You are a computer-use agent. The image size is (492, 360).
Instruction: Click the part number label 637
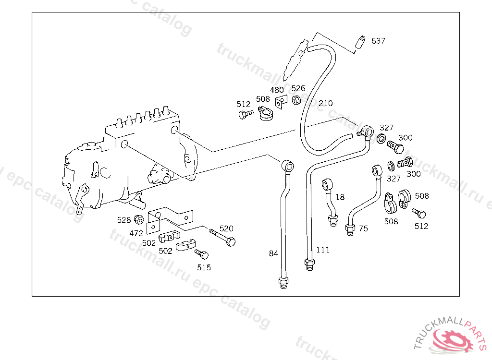coord(378,41)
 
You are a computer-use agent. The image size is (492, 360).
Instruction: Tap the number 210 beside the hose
coord(325,103)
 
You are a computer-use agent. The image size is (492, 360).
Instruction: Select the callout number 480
coord(277,90)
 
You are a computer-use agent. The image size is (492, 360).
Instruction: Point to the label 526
coord(298,88)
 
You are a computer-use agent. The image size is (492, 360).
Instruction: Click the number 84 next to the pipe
coord(273,253)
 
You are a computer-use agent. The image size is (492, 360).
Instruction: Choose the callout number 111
coord(323,250)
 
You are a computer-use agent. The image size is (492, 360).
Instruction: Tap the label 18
coord(340,197)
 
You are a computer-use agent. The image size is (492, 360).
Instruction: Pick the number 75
coord(363,228)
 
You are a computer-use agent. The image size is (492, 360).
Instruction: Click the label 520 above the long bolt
coord(226,228)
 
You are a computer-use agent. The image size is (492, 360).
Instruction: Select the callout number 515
coord(204,267)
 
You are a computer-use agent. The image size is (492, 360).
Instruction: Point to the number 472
coord(136,233)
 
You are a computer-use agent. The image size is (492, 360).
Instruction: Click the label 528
coord(124,220)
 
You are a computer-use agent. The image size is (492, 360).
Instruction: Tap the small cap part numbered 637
coord(360,42)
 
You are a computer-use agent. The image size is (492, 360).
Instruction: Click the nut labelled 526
coord(296,100)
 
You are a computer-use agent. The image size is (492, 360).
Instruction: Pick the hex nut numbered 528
coord(138,220)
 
